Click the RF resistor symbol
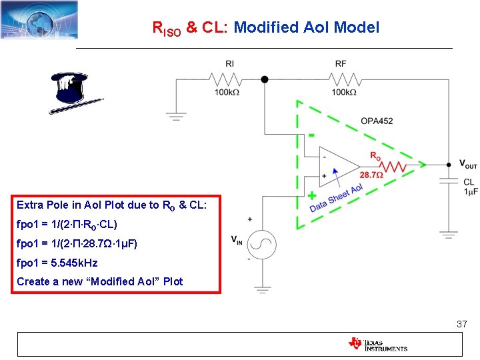click(341, 79)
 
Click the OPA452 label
click(377, 121)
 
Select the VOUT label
click(468, 164)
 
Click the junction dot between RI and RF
click(265, 79)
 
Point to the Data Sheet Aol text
click(336, 199)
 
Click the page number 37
click(461, 324)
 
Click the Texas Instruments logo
click(377, 344)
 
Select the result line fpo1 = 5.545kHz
click(57, 263)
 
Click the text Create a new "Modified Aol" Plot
click(100, 281)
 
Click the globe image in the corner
click(39, 19)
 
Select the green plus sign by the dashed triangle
click(311, 196)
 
